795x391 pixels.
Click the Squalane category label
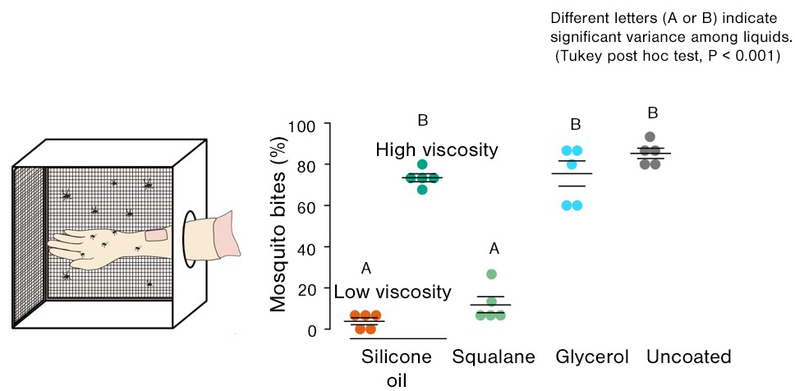[x=494, y=357]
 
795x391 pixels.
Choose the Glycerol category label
[x=592, y=357]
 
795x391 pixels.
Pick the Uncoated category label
[x=688, y=357]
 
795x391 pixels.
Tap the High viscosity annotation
[x=437, y=150]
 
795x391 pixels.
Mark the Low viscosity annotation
[x=393, y=292]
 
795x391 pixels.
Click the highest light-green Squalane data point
[x=491, y=274]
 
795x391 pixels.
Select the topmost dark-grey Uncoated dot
[x=650, y=137]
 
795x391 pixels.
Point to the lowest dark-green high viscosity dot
[x=422, y=190]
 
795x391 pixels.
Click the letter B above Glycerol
[x=576, y=125]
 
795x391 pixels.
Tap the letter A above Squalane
[x=494, y=249]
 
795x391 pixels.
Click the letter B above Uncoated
[x=652, y=113]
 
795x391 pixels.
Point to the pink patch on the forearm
[x=156, y=236]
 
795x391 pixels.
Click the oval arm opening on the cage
[x=190, y=239]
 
